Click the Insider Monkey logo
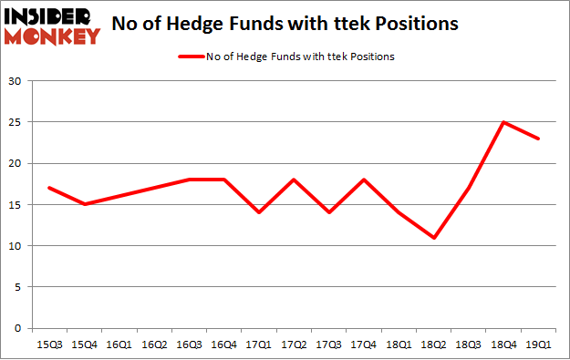(x=52, y=26)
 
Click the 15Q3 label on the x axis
(x=50, y=345)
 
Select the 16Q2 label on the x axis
(x=155, y=345)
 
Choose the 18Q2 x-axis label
(x=434, y=345)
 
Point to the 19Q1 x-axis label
(x=539, y=345)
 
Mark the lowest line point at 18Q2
(x=434, y=238)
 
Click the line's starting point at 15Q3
(x=50, y=188)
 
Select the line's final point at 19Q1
(x=539, y=139)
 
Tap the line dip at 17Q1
(x=260, y=212)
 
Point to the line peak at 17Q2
(x=295, y=180)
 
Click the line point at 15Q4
(x=85, y=204)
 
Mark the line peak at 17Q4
(x=365, y=180)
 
